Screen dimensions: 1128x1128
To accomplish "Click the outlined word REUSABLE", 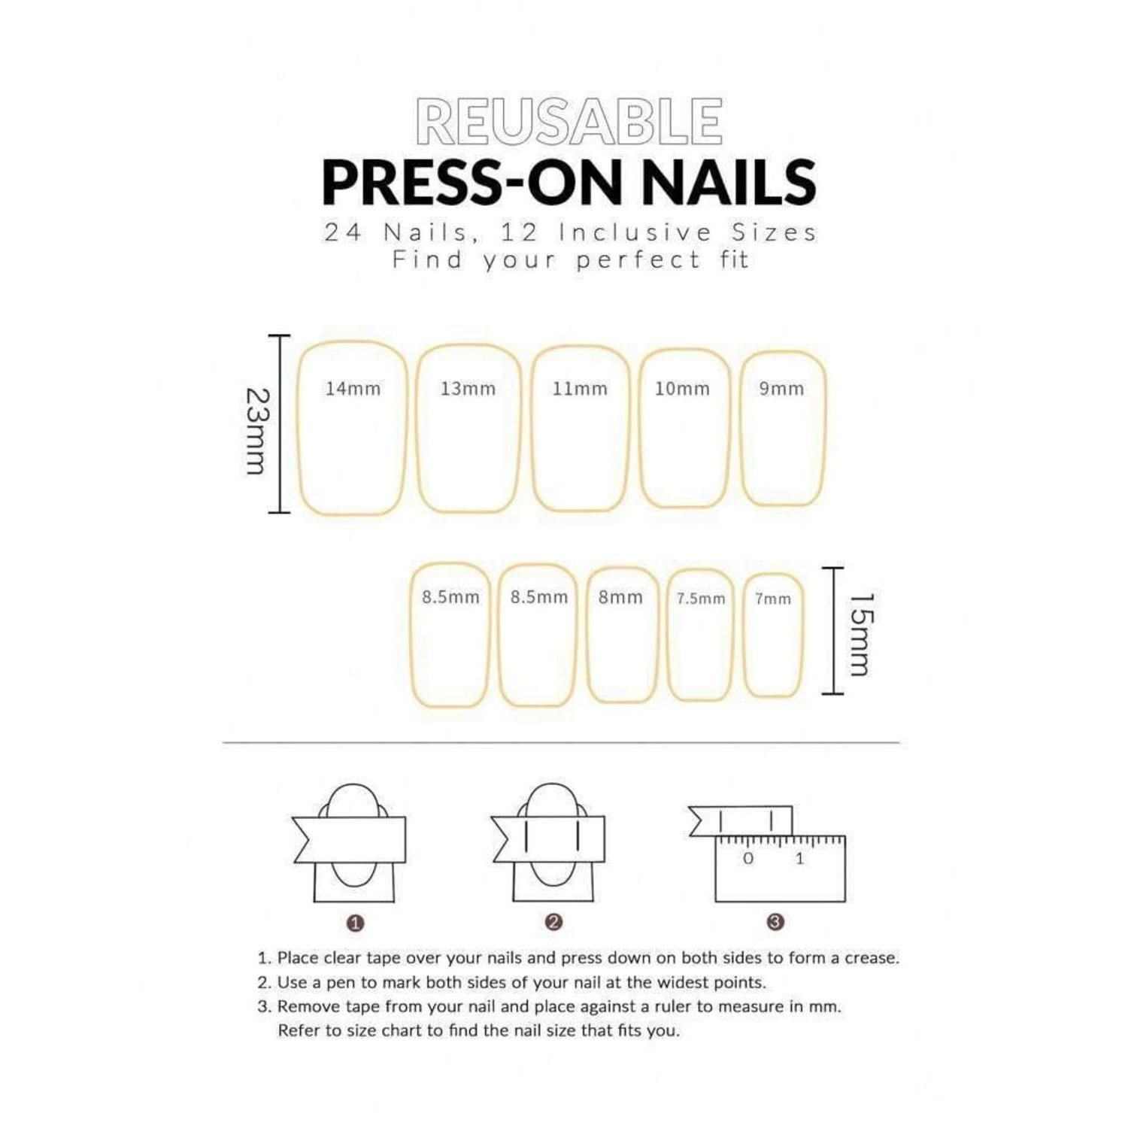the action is tap(569, 121).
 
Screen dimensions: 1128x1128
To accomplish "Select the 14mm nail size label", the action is tap(353, 389).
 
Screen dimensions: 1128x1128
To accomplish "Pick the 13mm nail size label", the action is tap(468, 389).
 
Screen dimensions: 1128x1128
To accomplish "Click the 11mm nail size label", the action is tap(580, 389).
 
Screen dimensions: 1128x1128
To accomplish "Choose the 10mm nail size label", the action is tap(682, 389).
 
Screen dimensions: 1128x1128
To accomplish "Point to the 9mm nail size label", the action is tap(781, 389).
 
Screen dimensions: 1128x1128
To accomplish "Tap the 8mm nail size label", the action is tap(620, 597).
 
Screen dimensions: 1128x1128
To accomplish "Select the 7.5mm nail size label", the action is tap(701, 599).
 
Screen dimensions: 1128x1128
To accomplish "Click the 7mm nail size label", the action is tap(773, 599).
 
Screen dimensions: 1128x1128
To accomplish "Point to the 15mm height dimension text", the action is tap(862, 635).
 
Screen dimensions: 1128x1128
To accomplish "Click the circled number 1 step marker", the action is tap(356, 923).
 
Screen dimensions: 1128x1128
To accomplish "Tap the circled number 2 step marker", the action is tap(553, 922).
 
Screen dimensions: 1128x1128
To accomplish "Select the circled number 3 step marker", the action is tap(775, 922).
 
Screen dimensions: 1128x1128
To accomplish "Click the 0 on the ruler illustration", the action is tap(747, 858).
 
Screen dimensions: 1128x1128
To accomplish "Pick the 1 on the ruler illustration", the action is tap(799, 858).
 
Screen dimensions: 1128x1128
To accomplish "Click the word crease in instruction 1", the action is tap(872, 958).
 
